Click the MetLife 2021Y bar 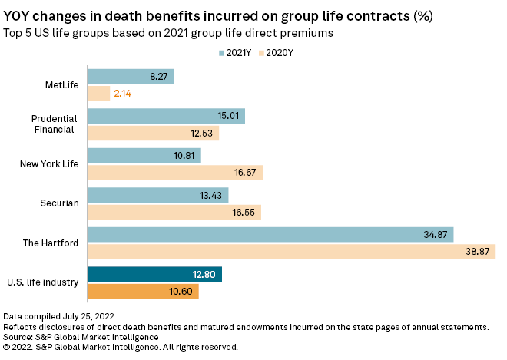tap(131, 77)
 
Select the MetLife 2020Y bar tap(98, 94)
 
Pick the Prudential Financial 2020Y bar tap(153, 133)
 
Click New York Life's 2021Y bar tap(144, 156)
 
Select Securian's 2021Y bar tap(157, 196)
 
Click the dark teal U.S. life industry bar tap(154, 275)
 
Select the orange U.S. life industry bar tap(143, 292)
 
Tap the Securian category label tap(60, 203)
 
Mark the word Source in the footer tap(18, 335)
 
